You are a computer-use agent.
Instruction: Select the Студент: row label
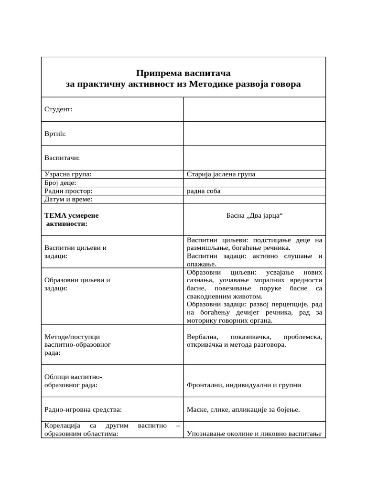tap(58, 109)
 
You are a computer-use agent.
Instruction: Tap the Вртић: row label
tap(55, 133)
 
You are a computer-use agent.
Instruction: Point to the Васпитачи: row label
tap(62, 158)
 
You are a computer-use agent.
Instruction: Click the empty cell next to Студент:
tap(254, 109)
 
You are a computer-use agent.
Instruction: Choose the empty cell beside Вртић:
tap(254, 133)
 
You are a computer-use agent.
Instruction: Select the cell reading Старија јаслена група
tap(221, 174)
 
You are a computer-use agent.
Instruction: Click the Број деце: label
tap(60, 183)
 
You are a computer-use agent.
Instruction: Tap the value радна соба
tap(204, 191)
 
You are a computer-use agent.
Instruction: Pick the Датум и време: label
tap(68, 199)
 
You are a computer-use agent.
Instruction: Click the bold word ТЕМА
tap(55, 215)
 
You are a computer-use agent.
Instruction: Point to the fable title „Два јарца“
tap(264, 215)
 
